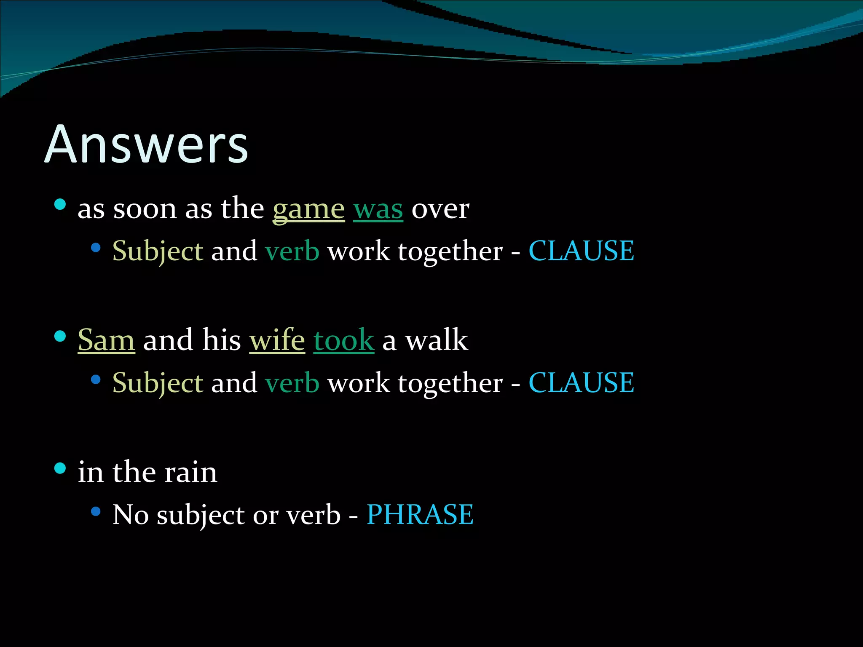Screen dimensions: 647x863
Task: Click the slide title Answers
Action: click(x=146, y=144)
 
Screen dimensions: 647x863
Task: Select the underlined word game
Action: click(x=308, y=209)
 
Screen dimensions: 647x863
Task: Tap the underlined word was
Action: click(x=378, y=209)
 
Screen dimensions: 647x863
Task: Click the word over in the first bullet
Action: click(x=440, y=209)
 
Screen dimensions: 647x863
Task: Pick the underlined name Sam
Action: click(x=106, y=340)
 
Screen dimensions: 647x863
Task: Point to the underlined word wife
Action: click(x=277, y=340)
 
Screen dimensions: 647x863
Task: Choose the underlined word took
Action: click(x=343, y=340)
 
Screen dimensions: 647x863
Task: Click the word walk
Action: click(x=437, y=340)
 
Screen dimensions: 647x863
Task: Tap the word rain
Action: click(x=190, y=472)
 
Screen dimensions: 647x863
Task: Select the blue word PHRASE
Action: click(x=420, y=514)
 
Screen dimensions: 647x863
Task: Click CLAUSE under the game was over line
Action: click(x=581, y=251)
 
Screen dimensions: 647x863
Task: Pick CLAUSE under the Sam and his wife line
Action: click(x=581, y=383)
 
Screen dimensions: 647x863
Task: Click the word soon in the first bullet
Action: click(x=145, y=209)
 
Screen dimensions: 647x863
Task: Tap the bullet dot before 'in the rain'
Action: click(x=60, y=468)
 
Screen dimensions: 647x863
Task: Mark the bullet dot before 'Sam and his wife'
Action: click(x=60, y=336)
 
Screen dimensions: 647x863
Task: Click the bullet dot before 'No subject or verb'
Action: click(x=96, y=511)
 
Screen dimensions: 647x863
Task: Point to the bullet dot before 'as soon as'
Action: click(x=60, y=205)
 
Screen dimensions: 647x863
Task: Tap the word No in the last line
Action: click(x=131, y=514)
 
